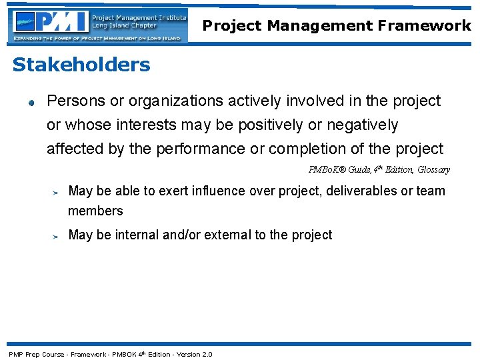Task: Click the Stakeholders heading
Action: click(x=81, y=65)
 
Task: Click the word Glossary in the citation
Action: click(x=433, y=170)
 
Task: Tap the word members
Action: click(x=95, y=211)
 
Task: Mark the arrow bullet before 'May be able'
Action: click(x=57, y=192)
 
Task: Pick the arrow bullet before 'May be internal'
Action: click(x=57, y=235)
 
